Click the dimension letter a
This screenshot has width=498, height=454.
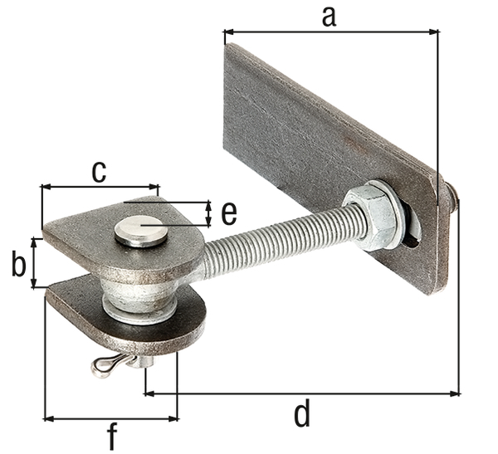pos(329,14)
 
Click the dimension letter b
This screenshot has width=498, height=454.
pos(18,265)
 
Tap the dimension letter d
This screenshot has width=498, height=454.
pos(302,413)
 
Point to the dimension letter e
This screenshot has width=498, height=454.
pos(228,213)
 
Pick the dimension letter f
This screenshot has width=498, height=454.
pos(110,436)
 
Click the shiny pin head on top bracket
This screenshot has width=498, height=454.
pos(141,230)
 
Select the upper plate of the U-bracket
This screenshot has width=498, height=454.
pos(91,241)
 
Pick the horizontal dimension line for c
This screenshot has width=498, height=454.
pos(99,188)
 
